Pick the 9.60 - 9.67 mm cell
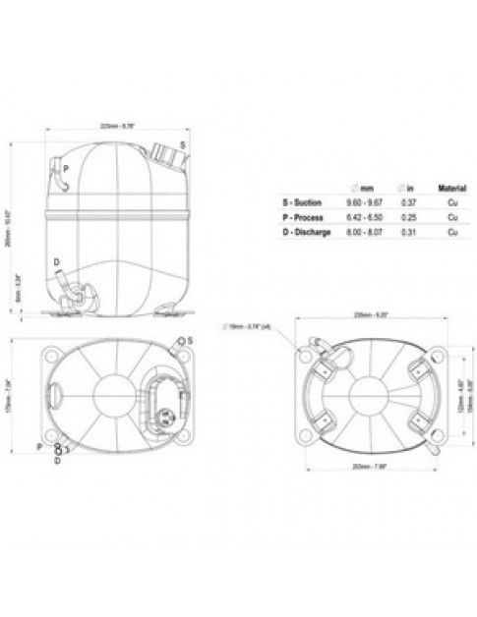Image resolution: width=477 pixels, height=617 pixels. click(362, 200)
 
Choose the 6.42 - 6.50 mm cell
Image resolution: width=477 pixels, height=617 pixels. click(362, 216)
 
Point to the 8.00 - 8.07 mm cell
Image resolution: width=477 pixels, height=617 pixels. click(362, 232)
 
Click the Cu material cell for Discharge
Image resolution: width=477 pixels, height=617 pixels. click(450, 232)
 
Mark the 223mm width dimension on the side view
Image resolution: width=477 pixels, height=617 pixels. click(117, 125)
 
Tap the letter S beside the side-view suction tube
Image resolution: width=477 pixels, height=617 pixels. click(183, 143)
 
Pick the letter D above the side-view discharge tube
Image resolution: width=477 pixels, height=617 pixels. click(56, 261)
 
